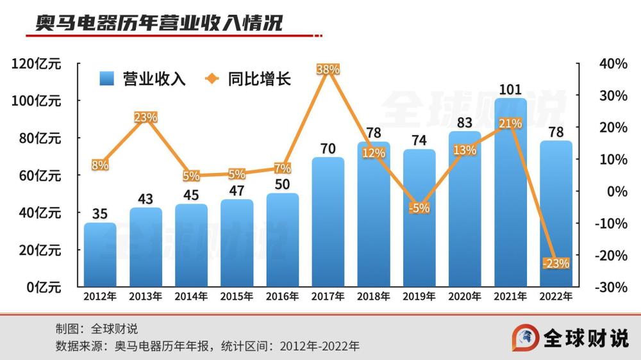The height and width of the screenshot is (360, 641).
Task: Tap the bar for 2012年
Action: (100, 256)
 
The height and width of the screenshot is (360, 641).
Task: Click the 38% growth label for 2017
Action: (328, 69)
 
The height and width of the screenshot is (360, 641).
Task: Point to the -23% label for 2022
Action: (556, 263)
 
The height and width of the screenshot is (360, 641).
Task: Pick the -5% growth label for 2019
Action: (419, 208)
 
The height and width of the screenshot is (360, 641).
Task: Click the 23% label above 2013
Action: (146, 117)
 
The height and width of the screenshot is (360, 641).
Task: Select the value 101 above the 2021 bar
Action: (510, 89)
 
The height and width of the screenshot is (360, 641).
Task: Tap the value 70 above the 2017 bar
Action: (328, 148)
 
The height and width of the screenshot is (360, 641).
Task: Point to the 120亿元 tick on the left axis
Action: (37, 63)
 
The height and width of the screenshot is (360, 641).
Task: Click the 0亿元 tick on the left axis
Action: (44, 288)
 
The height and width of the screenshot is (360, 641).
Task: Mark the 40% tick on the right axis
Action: (612, 63)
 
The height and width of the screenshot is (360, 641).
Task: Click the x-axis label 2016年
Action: (283, 297)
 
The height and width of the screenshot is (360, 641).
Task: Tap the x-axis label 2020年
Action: (465, 297)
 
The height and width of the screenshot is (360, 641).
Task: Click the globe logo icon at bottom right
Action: (524, 338)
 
